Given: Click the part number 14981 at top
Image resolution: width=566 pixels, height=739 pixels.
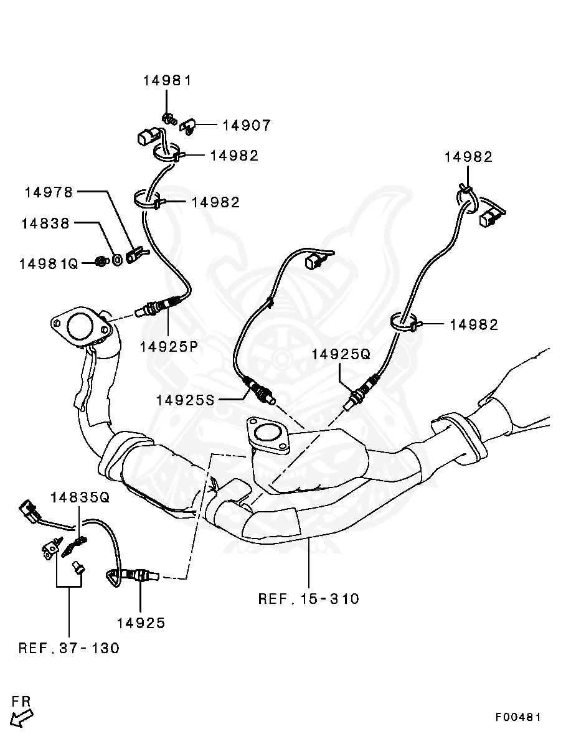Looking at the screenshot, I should [167, 80].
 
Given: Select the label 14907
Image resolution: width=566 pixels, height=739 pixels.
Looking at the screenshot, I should [247, 126].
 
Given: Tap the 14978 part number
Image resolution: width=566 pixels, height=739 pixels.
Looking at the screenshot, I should [49, 192].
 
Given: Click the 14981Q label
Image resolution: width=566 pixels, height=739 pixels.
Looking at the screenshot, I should [49, 263].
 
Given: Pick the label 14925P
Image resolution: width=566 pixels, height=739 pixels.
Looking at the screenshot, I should [169, 347].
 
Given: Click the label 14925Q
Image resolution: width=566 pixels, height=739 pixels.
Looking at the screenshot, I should [341, 354].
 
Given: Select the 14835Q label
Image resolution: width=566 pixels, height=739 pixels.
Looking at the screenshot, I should [80, 497].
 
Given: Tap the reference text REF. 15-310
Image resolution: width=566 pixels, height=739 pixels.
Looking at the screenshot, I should [309, 599].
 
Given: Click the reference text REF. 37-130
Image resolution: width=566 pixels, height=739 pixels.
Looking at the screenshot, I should [68, 648].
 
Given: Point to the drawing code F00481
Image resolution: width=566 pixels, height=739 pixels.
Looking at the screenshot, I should [518, 717].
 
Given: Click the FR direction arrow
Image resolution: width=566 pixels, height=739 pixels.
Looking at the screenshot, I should [22, 718].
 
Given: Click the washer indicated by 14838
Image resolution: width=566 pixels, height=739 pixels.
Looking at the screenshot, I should [116, 258].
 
